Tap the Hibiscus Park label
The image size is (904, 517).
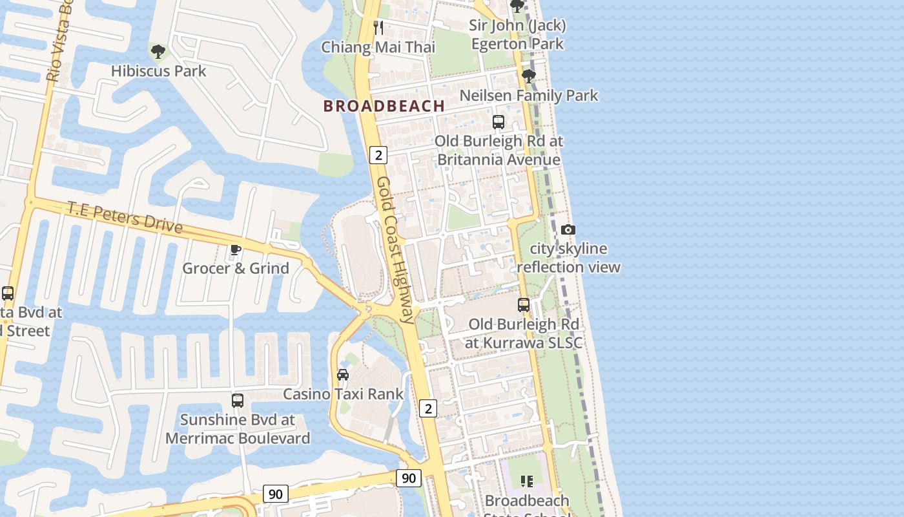tap(158, 71)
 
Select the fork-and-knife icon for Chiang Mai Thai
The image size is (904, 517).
tap(379, 28)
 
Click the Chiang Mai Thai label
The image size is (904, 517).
tap(378, 47)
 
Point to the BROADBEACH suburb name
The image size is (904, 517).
tap(384, 106)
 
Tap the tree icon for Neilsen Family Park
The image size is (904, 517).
tap(529, 76)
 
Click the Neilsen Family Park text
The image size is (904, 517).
tap(529, 96)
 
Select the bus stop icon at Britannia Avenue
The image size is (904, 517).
tap(498, 122)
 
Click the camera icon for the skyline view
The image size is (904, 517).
tap(568, 229)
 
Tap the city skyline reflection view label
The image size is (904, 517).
tap(568, 258)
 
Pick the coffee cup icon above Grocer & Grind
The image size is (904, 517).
tap(236, 249)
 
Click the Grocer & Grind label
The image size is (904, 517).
tap(236, 268)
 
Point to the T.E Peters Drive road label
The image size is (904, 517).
tap(125, 218)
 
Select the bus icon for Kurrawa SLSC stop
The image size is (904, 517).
tap(524, 305)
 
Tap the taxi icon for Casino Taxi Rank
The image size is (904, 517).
tap(343, 375)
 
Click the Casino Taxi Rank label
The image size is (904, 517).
tap(343, 394)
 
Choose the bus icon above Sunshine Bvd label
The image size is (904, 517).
tap(238, 401)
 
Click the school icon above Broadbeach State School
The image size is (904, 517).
tap(527, 481)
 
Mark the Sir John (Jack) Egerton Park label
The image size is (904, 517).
tap(517, 35)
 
